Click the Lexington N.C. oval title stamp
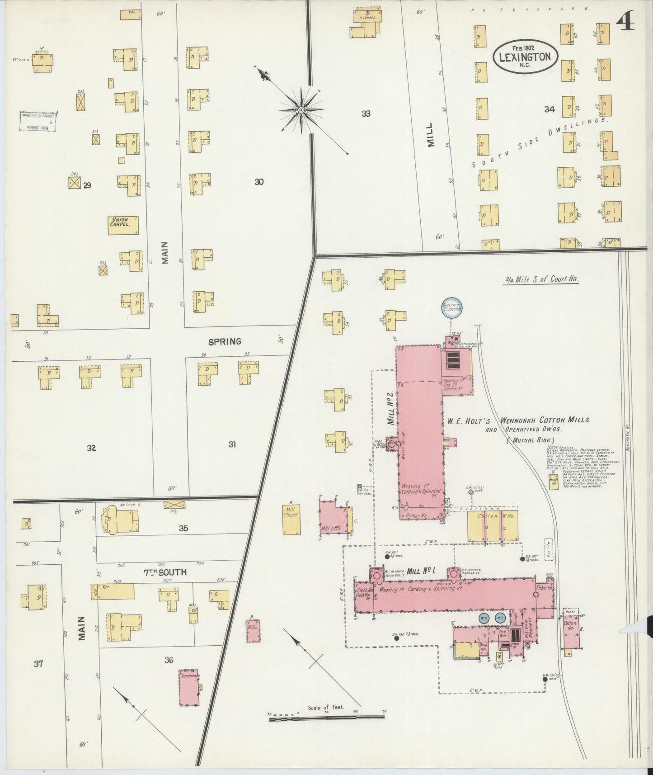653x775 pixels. coord(525,56)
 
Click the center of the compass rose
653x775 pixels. coord(301,110)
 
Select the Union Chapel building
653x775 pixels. coord(123,225)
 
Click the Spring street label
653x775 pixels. coord(225,341)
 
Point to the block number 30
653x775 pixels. coord(258,182)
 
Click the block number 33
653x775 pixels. coord(366,114)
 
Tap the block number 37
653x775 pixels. coord(38,664)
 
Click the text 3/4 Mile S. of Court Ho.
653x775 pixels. coord(542,279)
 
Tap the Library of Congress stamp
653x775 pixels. coord(38,122)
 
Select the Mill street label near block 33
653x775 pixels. coord(430,134)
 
